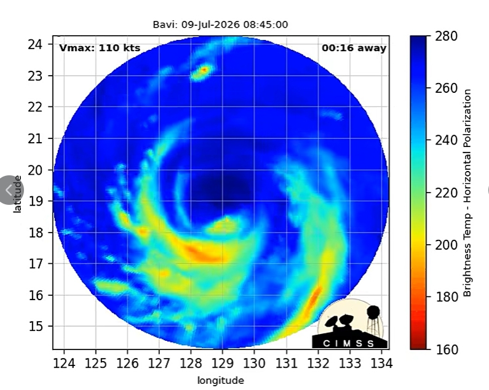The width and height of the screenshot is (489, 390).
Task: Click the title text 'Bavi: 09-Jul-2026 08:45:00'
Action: [x=220, y=25]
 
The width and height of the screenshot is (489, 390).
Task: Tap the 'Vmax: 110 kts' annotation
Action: [x=100, y=48]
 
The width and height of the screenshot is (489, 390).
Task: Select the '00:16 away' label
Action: [x=354, y=48]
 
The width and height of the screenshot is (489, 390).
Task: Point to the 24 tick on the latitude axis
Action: [x=35, y=44]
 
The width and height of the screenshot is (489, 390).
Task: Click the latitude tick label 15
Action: [x=35, y=327]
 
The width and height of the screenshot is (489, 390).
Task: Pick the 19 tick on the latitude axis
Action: [x=35, y=201]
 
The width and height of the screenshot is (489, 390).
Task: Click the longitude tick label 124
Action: [x=64, y=363]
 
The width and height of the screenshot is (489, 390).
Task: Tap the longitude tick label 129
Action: [x=223, y=363]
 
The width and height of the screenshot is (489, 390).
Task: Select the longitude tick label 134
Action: [x=381, y=363]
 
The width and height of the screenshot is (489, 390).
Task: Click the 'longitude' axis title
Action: [x=220, y=381]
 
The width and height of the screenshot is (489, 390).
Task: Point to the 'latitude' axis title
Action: [x=17, y=194]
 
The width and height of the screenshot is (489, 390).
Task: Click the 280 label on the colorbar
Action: [x=447, y=36]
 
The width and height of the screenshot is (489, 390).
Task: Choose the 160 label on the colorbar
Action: [x=447, y=349]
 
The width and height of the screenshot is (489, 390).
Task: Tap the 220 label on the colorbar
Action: [x=447, y=193]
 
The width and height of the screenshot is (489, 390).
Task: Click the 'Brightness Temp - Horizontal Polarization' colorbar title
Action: [x=467, y=193]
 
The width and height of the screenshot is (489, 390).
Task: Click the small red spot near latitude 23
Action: [x=204, y=70]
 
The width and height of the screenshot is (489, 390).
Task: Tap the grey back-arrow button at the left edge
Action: [x=9, y=189]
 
